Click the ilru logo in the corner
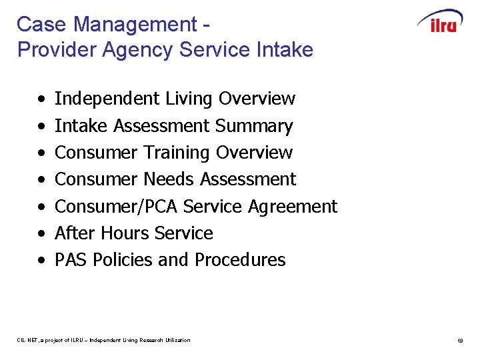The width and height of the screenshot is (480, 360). pos(439,22)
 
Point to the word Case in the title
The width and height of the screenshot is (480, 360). pos(40,25)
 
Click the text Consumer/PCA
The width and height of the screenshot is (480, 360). pos(116,207)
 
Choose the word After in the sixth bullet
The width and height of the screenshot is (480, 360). pos(72,233)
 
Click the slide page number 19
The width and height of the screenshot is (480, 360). pos(460,341)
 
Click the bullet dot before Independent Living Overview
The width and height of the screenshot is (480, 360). pos(41,100)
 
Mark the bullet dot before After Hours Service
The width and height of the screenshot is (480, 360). pos(41,235)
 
